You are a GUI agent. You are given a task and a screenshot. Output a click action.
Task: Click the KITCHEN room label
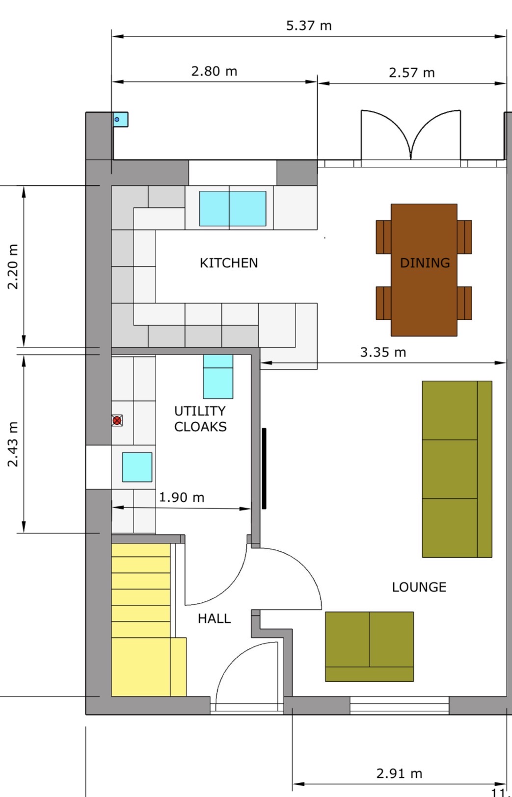[x=229, y=263]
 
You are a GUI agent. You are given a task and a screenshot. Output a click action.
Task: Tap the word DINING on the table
[x=425, y=263]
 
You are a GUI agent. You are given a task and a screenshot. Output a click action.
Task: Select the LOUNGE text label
[x=419, y=587]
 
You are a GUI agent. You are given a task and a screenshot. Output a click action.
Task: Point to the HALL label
[x=214, y=618]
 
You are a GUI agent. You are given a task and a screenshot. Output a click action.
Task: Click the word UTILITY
[x=200, y=411]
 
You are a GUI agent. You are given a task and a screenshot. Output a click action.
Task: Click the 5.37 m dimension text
[x=309, y=26]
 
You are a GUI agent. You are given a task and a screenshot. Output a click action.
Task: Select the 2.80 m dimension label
[x=214, y=72]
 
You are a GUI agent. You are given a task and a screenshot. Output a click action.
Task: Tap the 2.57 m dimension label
[x=411, y=73]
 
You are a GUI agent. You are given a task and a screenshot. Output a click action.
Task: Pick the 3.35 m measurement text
[x=383, y=352]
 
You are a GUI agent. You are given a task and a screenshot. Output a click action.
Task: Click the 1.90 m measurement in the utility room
[x=181, y=497]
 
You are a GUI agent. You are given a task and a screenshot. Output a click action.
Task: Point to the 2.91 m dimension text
[x=399, y=773]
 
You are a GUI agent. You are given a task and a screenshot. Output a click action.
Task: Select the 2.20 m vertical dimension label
[x=13, y=266]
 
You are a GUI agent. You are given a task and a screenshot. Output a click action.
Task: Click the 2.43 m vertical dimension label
[x=13, y=444]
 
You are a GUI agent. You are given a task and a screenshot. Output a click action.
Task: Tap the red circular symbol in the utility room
[x=117, y=420]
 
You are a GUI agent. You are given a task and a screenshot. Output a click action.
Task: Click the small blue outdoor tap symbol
[x=117, y=119]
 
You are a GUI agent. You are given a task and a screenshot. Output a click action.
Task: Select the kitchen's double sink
[x=232, y=209]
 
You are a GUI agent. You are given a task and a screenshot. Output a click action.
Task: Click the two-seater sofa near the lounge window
[x=369, y=646]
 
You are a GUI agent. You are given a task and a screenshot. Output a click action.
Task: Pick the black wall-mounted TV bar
[x=264, y=468]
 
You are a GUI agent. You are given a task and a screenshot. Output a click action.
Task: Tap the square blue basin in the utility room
[x=137, y=467]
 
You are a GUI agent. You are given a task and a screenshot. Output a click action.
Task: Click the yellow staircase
[x=141, y=618]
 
